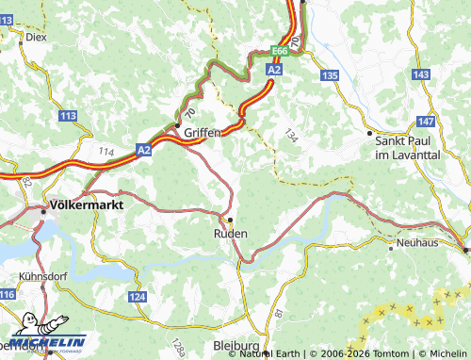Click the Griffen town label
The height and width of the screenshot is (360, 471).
click(203, 133)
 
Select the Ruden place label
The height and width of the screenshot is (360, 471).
click(231, 233)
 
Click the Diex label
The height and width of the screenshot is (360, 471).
click(36, 37)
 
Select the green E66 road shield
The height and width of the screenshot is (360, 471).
click(280, 51)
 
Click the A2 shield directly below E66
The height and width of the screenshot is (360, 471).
click(274, 70)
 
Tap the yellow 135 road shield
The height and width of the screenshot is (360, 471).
click(329, 74)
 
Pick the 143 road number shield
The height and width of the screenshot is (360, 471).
click(421, 74)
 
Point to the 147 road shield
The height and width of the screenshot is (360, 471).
click(426, 122)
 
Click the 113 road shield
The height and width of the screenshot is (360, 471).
click(68, 115)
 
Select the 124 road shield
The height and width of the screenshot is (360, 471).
click(138, 297)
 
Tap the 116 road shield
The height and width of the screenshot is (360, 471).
click(8, 295)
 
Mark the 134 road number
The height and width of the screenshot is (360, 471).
click(290, 137)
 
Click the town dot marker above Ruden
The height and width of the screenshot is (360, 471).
click(230, 220)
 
